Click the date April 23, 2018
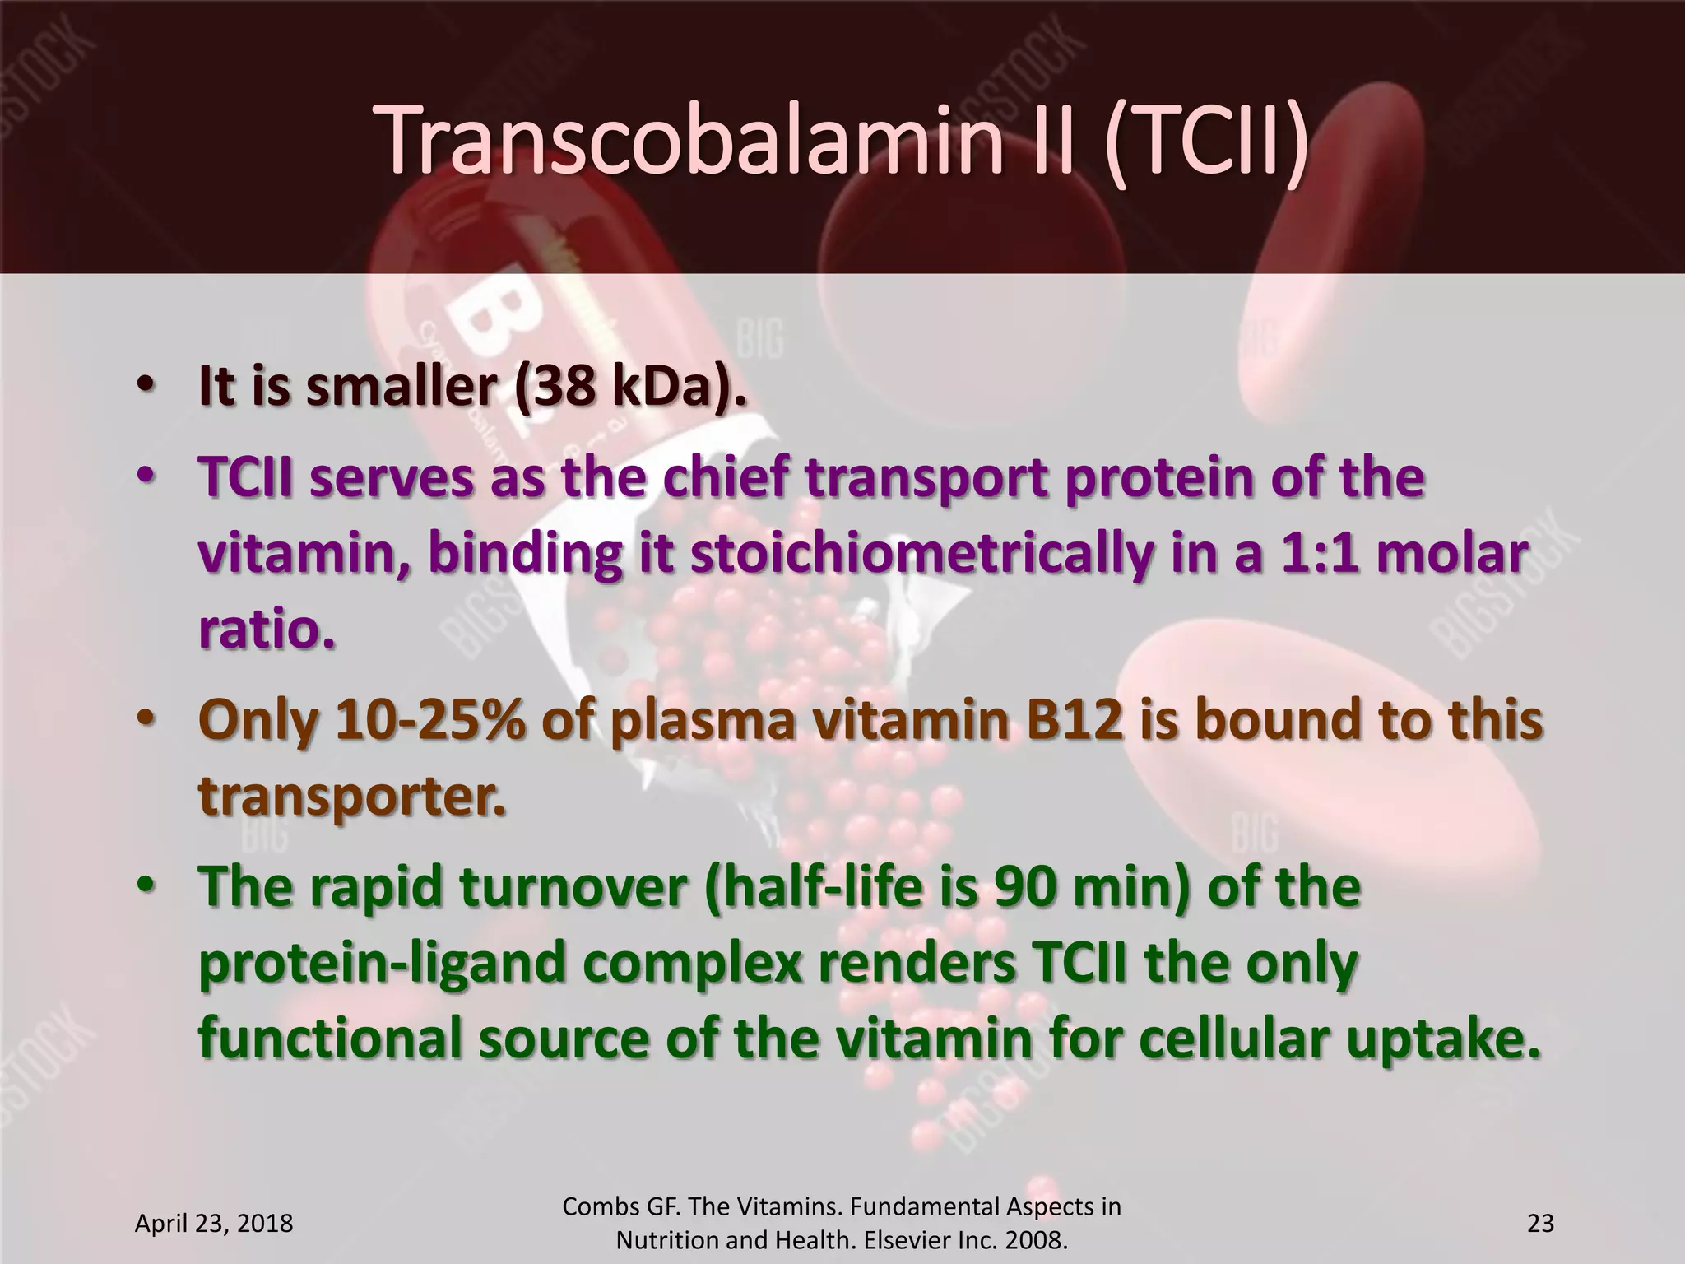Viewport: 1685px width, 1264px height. click(213, 1224)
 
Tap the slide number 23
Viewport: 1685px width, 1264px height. click(1540, 1224)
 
